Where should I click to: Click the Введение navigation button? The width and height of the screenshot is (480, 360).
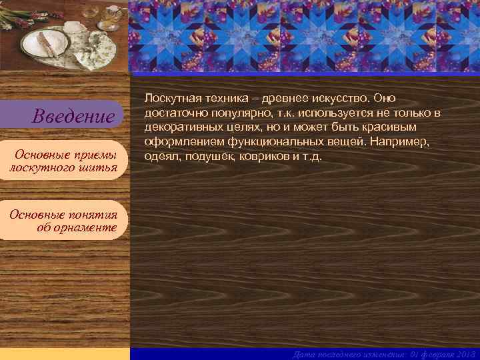point(74,117)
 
